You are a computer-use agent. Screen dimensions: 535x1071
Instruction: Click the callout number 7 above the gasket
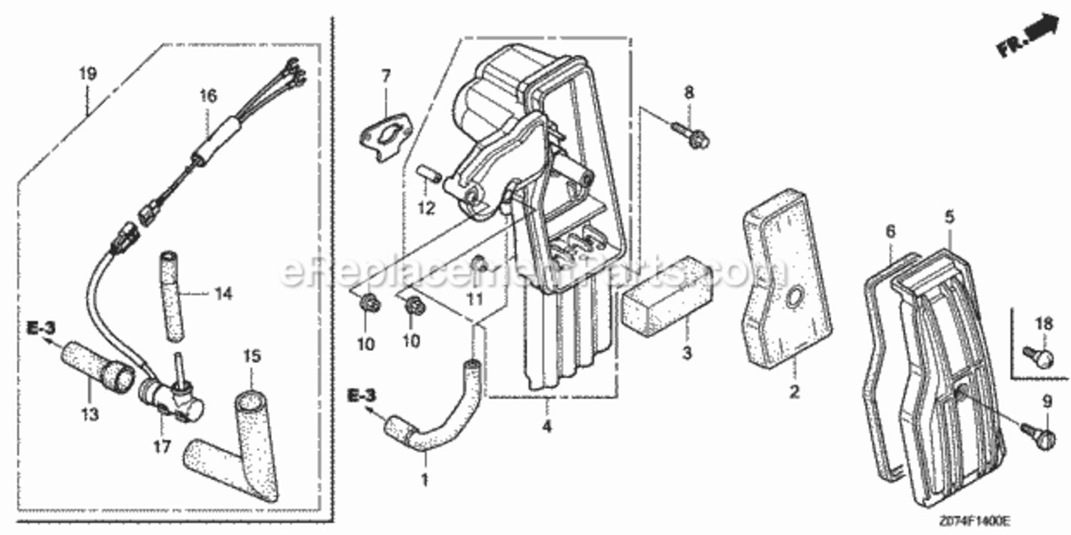click(386, 76)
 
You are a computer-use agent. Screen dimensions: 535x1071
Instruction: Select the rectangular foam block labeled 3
click(662, 299)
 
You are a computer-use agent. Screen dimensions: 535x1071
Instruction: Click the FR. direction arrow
click(1028, 37)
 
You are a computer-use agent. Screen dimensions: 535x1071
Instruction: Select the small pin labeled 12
click(426, 175)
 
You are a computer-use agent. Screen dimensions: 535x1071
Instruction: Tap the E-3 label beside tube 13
click(41, 329)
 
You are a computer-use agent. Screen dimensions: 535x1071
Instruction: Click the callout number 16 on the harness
click(207, 96)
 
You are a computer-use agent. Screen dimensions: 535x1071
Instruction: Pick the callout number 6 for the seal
click(890, 231)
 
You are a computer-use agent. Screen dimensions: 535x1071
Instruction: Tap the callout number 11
click(475, 298)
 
